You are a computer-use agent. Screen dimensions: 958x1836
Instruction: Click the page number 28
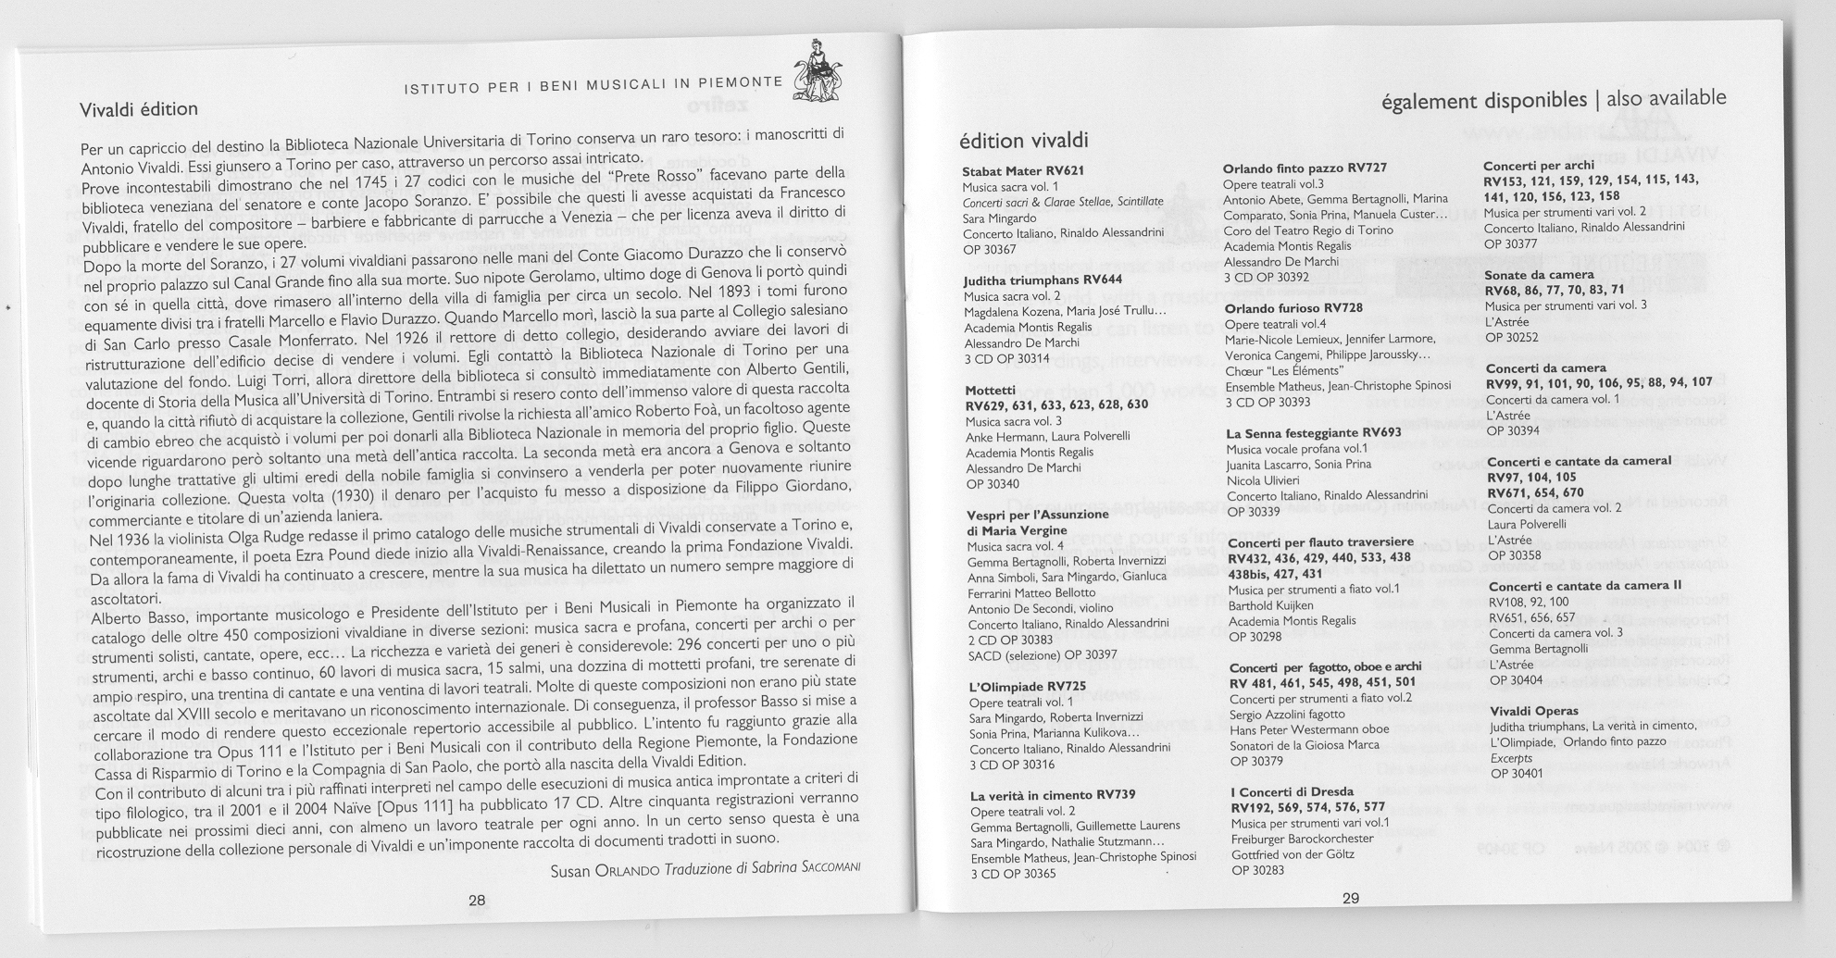(x=477, y=900)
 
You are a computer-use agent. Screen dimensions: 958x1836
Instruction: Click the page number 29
(x=1350, y=898)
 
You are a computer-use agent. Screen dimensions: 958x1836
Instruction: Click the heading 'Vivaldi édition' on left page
(x=139, y=109)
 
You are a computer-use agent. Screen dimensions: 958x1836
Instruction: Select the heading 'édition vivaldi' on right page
(x=1023, y=141)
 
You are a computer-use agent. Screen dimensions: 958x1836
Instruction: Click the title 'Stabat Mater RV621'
(x=1022, y=171)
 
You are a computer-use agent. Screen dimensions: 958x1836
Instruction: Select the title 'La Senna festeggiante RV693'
(x=1313, y=432)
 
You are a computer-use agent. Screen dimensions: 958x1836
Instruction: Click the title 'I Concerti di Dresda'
(x=1292, y=791)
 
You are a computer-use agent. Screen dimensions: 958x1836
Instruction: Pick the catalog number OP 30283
(x=1257, y=869)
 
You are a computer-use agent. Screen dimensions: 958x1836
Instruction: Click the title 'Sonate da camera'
(x=1539, y=275)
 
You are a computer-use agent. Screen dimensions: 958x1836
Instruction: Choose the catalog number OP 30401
(x=1516, y=773)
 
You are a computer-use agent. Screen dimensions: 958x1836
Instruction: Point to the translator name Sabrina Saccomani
(x=806, y=871)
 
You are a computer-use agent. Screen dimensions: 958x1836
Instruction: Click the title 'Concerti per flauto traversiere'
(x=1320, y=541)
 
